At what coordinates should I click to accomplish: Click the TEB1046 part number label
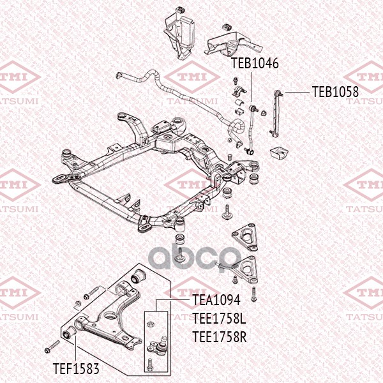pos(255,64)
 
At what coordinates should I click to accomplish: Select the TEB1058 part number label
pos(335,92)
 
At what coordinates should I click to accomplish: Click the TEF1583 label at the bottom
pos(75,368)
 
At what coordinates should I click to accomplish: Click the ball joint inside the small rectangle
pos(157,346)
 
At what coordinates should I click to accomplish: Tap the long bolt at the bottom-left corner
pos(52,349)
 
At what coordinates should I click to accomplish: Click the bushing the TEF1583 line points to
pos(71,333)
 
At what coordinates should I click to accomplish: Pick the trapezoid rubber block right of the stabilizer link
pos(278,154)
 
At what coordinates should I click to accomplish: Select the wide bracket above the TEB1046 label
pos(232,38)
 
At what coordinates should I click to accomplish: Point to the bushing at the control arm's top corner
pos(139,276)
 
